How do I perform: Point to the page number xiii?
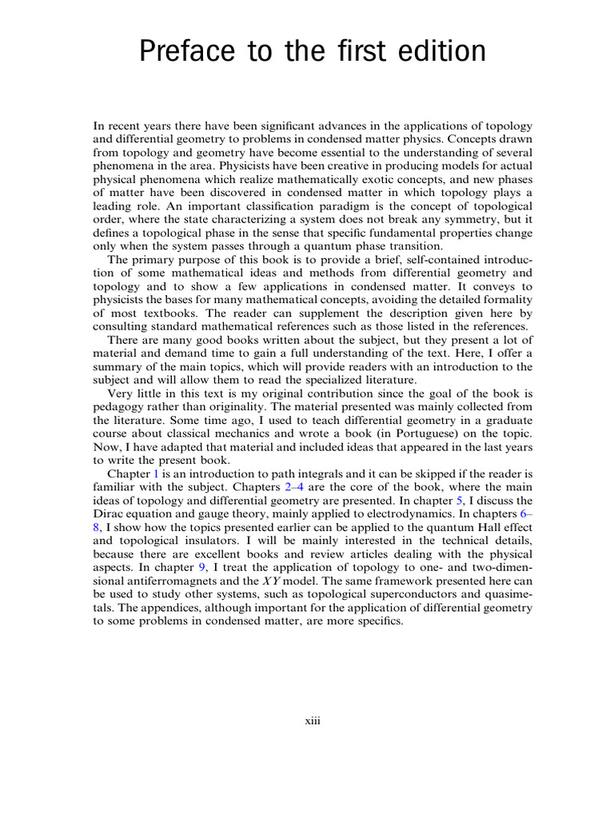coord(312,721)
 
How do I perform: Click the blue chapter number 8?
coord(97,527)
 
